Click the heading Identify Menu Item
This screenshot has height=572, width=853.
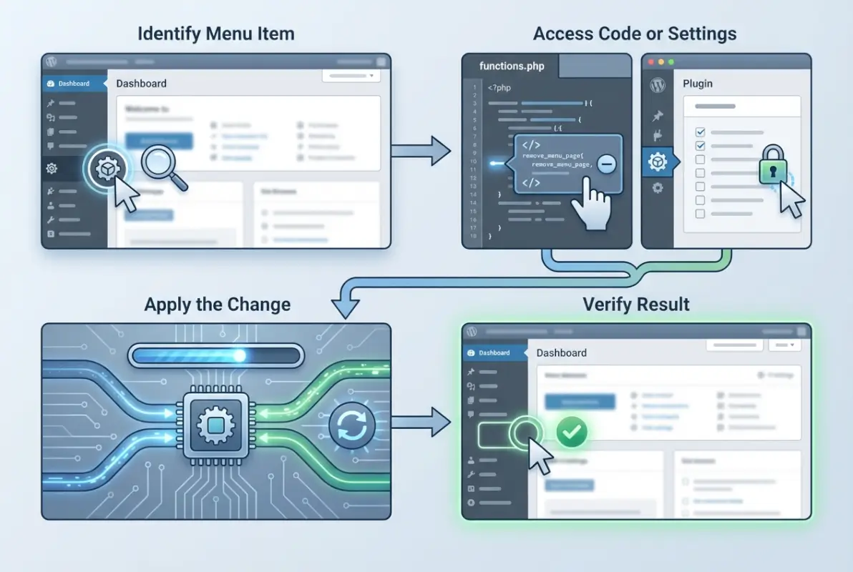click(215, 34)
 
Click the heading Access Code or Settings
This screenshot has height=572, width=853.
click(635, 34)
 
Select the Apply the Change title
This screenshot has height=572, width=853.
click(217, 304)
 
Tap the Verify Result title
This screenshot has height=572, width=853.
click(636, 304)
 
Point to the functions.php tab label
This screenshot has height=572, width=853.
click(512, 66)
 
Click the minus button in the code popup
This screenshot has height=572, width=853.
click(605, 164)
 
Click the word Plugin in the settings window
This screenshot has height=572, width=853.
click(698, 84)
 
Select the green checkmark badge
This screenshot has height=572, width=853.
click(572, 431)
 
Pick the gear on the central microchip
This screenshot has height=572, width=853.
click(215, 426)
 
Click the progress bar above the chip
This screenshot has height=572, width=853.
click(215, 355)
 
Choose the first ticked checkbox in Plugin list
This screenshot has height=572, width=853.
click(701, 132)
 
